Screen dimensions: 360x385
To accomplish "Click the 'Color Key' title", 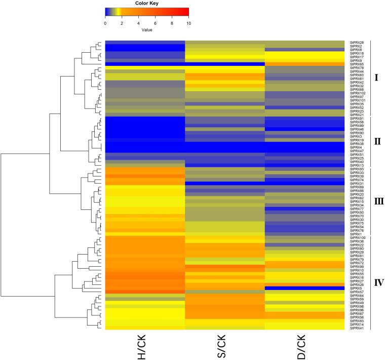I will [147, 4].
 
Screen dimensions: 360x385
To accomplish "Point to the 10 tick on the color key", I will [188, 23].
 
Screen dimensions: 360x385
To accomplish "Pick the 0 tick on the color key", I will [105, 23].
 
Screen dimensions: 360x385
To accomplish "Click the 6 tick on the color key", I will [155, 23].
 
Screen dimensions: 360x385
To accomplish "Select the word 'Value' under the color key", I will [147, 29].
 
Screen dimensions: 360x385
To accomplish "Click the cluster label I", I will [376, 78].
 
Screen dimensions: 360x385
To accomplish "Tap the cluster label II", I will [377, 141].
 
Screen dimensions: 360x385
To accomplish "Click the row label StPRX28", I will [355, 42].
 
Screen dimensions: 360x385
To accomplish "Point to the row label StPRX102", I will [356, 93].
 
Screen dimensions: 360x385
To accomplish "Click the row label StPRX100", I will [356, 237].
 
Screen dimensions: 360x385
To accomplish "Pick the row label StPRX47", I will [355, 151].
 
